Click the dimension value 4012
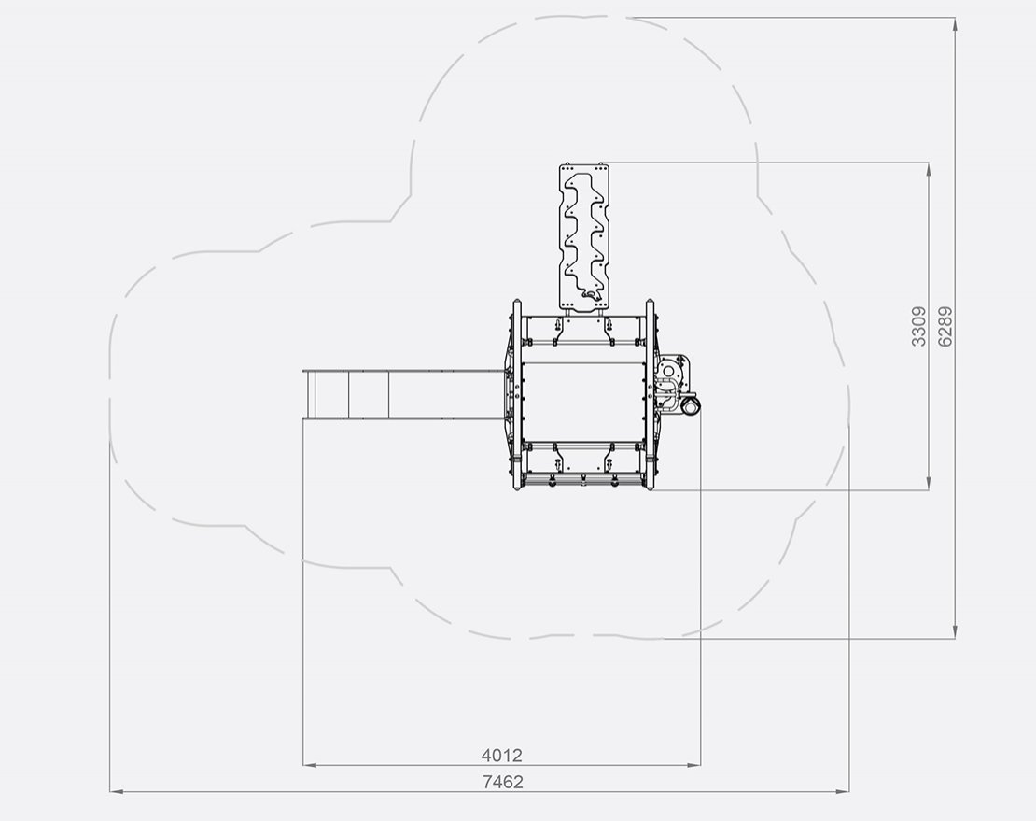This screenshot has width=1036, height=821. (501, 755)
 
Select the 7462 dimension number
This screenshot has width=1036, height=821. (503, 782)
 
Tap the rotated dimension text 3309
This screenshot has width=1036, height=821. (918, 327)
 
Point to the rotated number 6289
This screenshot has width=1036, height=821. (945, 327)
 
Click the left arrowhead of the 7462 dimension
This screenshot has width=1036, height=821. (117, 790)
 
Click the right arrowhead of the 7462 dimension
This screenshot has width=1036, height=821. (843, 790)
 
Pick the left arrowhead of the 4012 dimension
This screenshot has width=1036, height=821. (310, 765)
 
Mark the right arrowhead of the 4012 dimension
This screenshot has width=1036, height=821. (693, 765)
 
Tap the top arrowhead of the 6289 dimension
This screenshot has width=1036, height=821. (955, 24)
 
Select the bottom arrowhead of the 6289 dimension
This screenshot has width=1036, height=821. (955, 631)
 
